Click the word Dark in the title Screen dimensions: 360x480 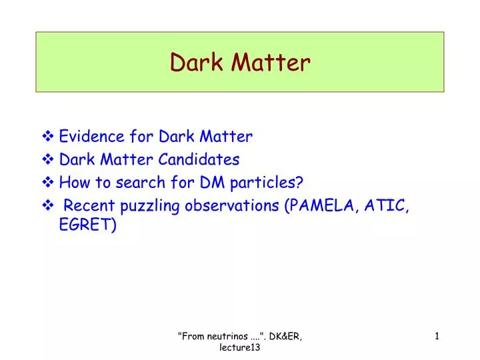pos(197,62)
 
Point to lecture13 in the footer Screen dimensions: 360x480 pos(240,349)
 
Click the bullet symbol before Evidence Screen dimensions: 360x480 pos(49,137)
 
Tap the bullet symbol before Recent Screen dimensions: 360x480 pos(49,205)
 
